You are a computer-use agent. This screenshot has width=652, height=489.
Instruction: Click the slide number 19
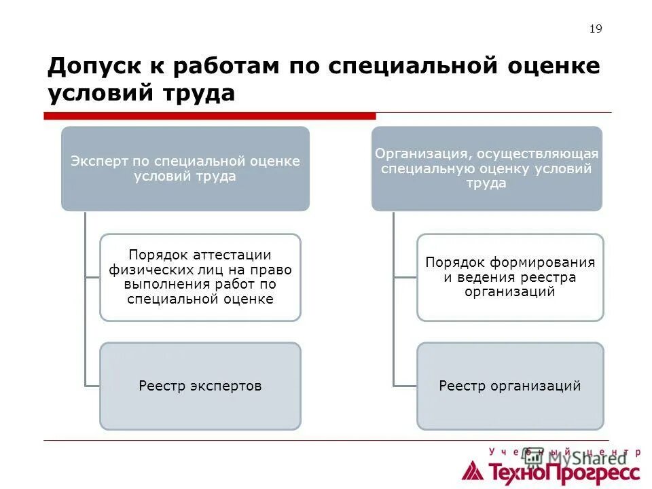pyautogui.click(x=596, y=29)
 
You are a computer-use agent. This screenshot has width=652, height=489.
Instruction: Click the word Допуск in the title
pyautogui.click(x=91, y=67)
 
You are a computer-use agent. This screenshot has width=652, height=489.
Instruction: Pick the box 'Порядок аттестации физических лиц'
pyautogui.click(x=200, y=277)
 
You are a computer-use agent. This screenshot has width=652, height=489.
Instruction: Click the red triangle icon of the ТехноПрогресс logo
pyautogui.click(x=473, y=470)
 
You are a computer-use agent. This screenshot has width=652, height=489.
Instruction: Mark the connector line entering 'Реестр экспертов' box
pyautogui.click(x=92, y=386)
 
